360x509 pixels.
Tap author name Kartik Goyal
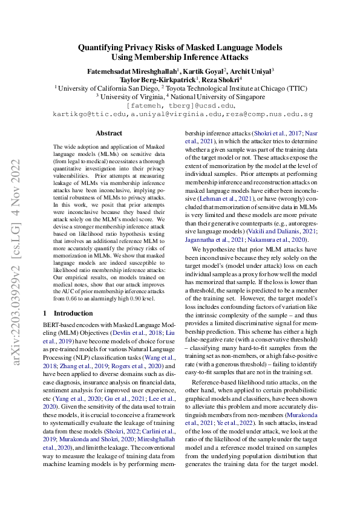tap(196, 70)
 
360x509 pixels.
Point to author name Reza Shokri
tap(221, 79)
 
